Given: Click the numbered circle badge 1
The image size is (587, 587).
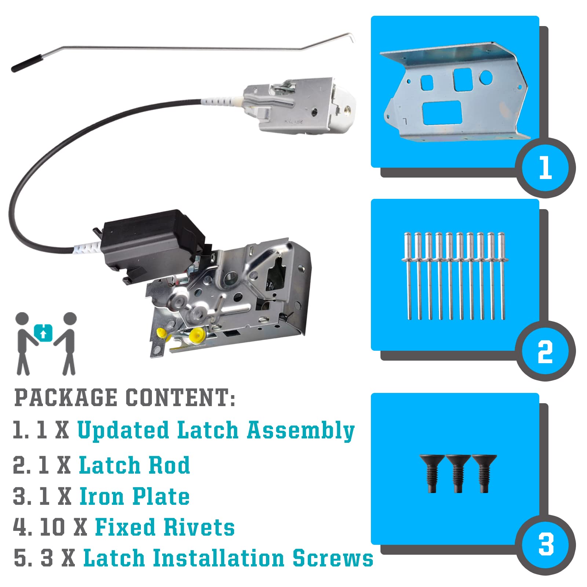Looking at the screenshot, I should click(546, 168).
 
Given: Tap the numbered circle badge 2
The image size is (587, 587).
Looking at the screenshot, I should click(546, 351).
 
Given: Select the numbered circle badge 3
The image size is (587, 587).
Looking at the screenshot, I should click(546, 545).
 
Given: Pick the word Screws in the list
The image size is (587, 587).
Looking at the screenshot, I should click(333, 558).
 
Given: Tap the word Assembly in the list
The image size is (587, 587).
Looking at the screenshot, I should click(300, 430).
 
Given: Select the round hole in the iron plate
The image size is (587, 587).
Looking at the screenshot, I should click(486, 76).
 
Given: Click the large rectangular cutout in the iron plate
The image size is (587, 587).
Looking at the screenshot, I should click(442, 113).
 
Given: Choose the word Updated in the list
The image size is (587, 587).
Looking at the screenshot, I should click(123, 430).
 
